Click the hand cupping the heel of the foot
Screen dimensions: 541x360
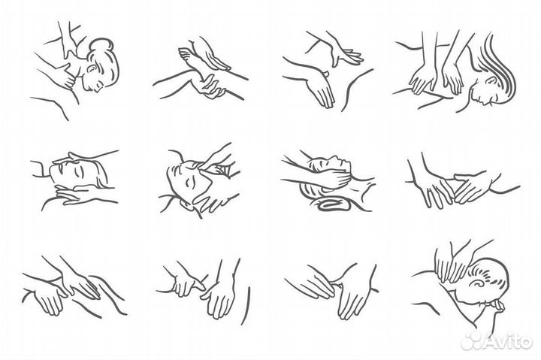coord(209,87)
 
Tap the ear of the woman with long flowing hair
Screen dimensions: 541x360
coord(490,81)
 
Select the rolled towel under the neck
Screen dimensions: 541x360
coord(334,204)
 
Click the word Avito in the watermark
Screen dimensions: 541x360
coord(508,341)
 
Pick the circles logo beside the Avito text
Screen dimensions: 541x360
coord(473,341)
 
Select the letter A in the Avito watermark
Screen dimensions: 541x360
coord(492,341)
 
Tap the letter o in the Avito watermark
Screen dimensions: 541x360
coord(525,343)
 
